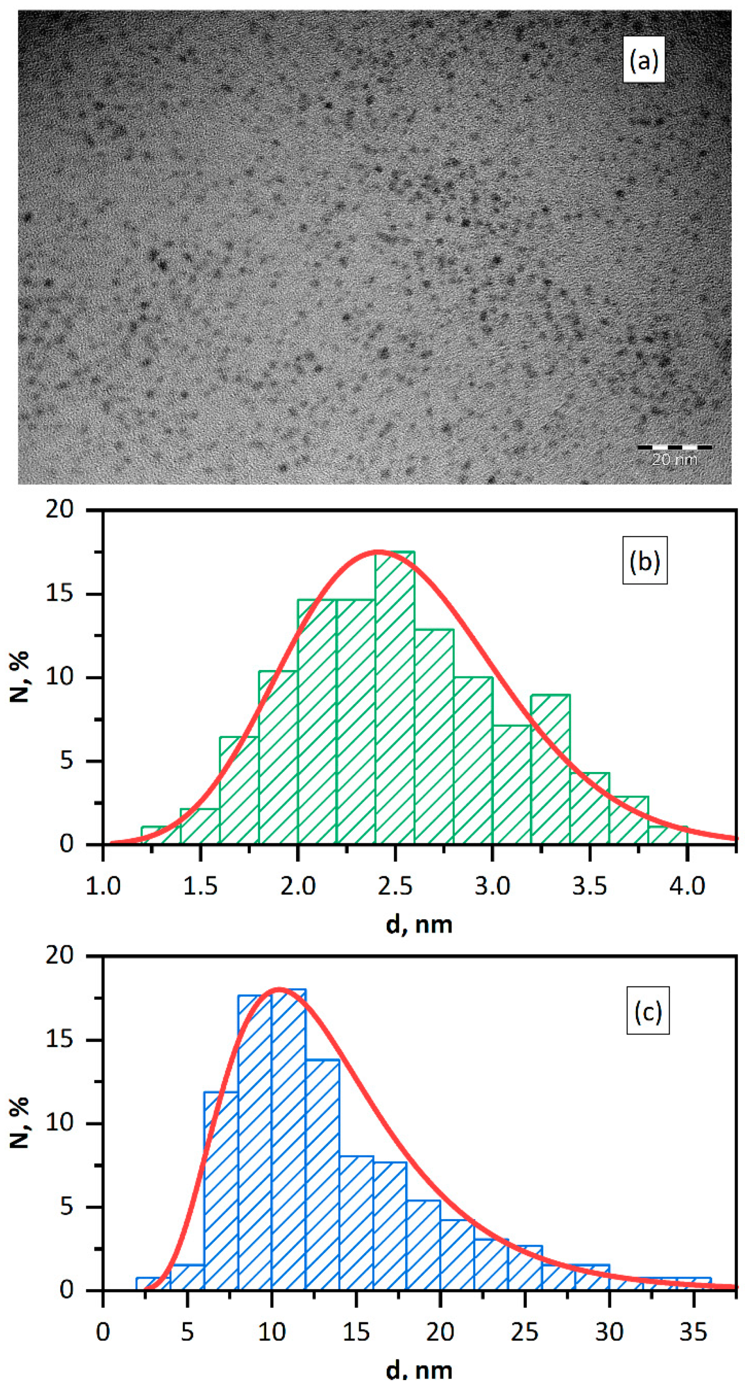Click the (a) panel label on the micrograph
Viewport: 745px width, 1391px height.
click(643, 60)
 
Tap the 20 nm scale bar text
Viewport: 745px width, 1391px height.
click(674, 460)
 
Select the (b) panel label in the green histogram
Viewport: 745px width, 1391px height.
click(644, 560)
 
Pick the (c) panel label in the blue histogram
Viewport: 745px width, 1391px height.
click(647, 1011)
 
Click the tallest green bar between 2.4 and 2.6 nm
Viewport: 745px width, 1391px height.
click(395, 702)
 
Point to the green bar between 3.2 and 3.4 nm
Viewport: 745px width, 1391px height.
click(550, 772)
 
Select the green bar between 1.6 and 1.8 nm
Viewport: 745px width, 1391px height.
click(238, 794)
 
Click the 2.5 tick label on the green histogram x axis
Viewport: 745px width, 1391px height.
click(395, 887)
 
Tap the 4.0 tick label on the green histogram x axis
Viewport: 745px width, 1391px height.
click(687, 887)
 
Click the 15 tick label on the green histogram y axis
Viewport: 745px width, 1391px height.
click(59, 594)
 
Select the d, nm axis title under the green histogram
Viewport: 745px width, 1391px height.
click(419, 925)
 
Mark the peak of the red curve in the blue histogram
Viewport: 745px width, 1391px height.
click(279, 989)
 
